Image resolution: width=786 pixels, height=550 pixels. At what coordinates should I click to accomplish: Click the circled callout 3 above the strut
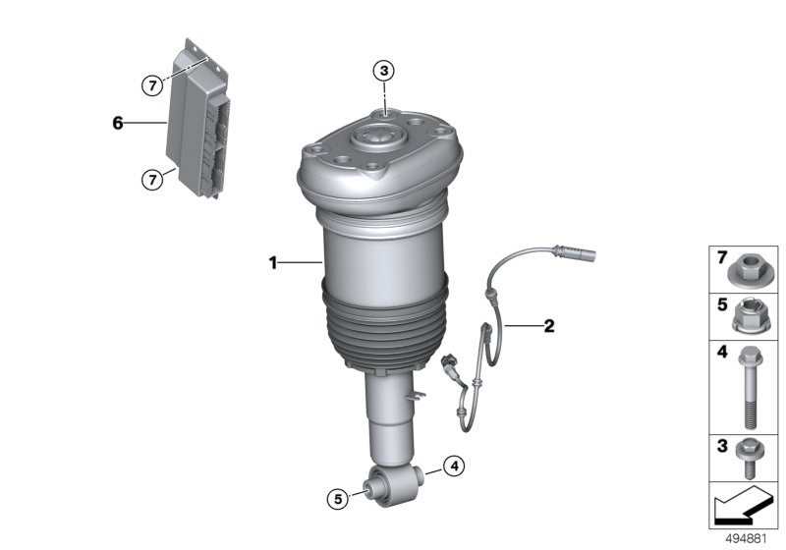point(384,70)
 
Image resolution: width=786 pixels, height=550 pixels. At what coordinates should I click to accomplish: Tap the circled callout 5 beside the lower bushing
point(337,499)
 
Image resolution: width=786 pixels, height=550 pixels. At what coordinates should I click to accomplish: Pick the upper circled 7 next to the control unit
point(150,85)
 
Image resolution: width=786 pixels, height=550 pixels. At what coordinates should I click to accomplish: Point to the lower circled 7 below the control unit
point(150,179)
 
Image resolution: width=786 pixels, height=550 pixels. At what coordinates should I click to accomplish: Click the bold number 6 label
point(118,123)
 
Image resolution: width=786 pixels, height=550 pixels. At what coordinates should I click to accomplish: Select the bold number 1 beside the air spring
point(275,262)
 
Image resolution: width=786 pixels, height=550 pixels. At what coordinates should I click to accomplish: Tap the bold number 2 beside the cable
point(548,326)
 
